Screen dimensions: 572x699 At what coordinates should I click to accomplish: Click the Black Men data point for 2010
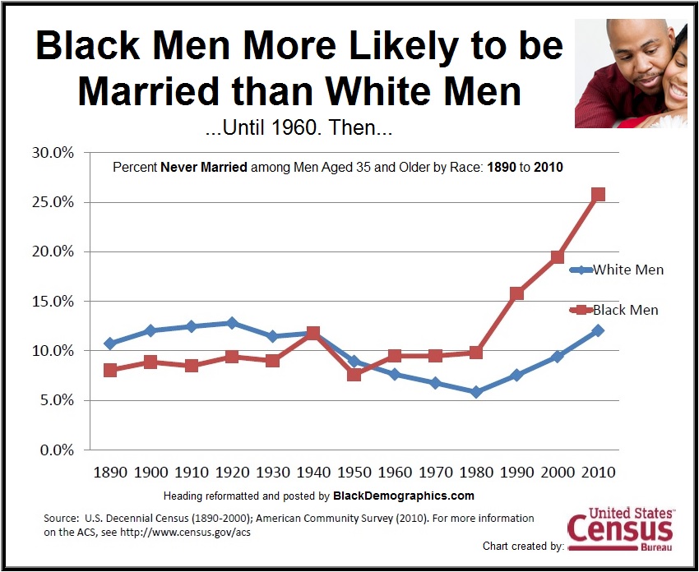click(599, 195)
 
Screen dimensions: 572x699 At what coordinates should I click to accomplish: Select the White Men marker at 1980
click(476, 392)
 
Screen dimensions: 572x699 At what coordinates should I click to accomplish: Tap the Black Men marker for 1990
click(516, 293)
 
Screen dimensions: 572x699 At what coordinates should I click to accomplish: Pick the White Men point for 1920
click(232, 323)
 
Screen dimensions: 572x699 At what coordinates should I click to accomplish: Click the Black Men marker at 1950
click(354, 375)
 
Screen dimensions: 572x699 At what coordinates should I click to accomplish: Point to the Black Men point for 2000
click(558, 257)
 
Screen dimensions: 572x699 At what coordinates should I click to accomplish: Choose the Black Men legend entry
click(617, 310)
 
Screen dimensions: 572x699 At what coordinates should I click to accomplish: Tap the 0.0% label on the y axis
click(58, 450)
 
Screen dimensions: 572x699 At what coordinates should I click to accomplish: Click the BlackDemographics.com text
click(404, 496)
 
